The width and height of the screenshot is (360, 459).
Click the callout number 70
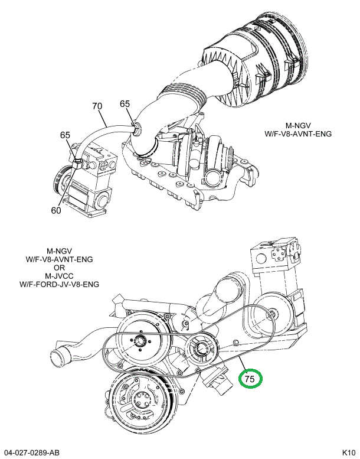pos(97,106)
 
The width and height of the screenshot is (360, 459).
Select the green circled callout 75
pos(250,378)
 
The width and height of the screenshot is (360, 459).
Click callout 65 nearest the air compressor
pos(65,135)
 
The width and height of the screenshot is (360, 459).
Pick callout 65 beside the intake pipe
pos(125,103)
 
